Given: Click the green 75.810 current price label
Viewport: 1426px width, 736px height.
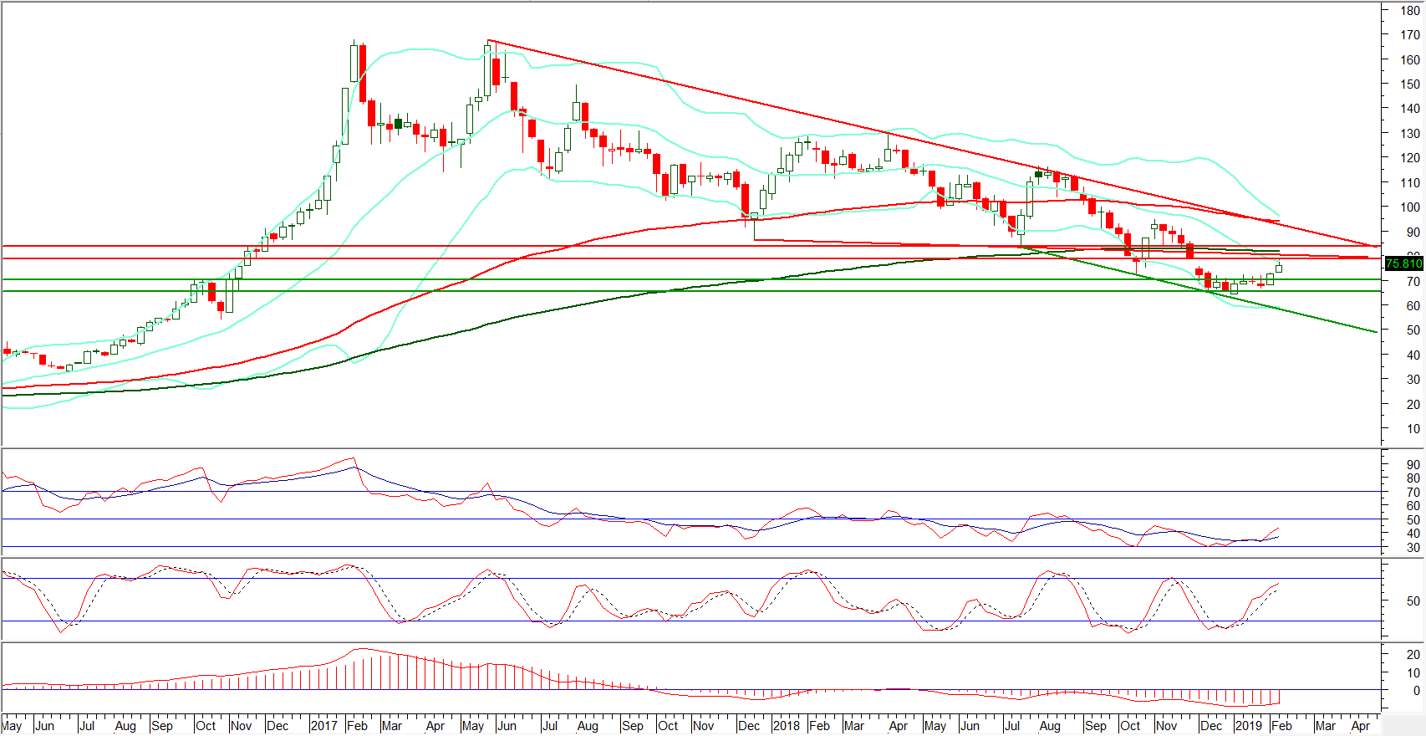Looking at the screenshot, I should pyautogui.click(x=1404, y=263).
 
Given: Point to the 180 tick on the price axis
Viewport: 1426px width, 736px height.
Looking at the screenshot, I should pyautogui.click(x=1411, y=11).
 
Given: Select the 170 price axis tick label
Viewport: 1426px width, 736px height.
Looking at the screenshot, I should pyautogui.click(x=1411, y=35).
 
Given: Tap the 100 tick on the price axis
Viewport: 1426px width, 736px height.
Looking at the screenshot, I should pyautogui.click(x=1411, y=207).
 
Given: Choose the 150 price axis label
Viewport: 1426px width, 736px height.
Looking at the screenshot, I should pyautogui.click(x=1411, y=84).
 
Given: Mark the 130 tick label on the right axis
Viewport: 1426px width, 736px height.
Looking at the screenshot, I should pyautogui.click(x=1411, y=134).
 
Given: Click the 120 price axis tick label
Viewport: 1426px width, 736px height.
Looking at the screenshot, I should pyautogui.click(x=1411, y=158).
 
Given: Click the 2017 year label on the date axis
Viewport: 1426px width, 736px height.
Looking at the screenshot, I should pyautogui.click(x=323, y=726).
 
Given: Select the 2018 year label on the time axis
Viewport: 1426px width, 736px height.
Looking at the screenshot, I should pyautogui.click(x=786, y=726).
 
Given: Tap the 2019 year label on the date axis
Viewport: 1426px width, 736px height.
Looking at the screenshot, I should pyautogui.click(x=1248, y=726).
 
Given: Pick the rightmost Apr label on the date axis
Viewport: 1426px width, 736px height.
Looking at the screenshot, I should pyautogui.click(x=1361, y=726).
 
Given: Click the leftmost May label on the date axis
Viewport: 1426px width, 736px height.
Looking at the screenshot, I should pyautogui.click(x=12, y=726).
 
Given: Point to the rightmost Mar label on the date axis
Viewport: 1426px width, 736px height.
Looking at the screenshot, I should pyautogui.click(x=1325, y=726).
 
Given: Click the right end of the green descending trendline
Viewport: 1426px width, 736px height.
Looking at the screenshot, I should pyautogui.click(x=1376, y=332).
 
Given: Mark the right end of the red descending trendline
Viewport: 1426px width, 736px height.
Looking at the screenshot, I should pyautogui.click(x=1376, y=246).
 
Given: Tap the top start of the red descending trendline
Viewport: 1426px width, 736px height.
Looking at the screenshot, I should pyautogui.click(x=487, y=40).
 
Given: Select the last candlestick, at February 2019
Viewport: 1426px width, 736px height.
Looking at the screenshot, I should pyautogui.click(x=1279, y=268).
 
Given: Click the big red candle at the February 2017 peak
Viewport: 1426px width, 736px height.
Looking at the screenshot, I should pyautogui.click(x=362, y=74).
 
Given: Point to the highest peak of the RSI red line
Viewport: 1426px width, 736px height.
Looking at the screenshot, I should pyautogui.click(x=354, y=457).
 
